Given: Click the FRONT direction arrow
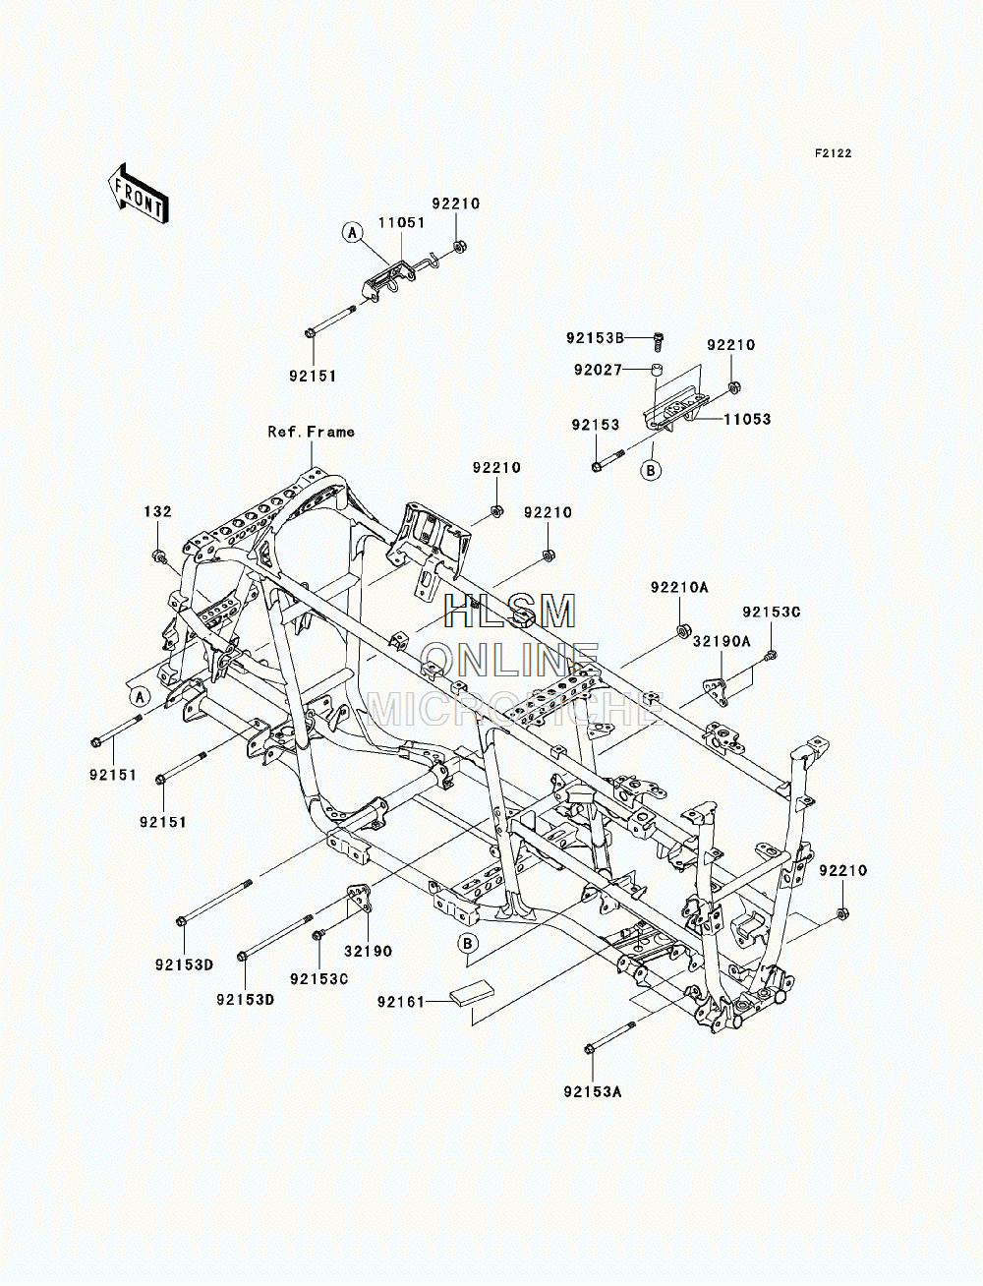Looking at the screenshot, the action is [x=138, y=193].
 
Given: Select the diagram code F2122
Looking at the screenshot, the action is [x=833, y=153].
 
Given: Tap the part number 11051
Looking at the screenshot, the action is [x=401, y=223].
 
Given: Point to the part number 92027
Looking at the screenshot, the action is [x=598, y=371].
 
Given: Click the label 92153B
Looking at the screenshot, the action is [x=595, y=338].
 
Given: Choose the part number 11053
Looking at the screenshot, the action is [x=747, y=420].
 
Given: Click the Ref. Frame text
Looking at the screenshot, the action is [x=311, y=432].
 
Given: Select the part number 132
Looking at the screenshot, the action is [x=158, y=511].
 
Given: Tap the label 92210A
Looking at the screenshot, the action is [x=679, y=587].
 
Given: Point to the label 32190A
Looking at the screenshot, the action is [x=722, y=642].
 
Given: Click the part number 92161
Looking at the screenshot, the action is [x=401, y=1002].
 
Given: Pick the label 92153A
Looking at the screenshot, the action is [x=593, y=1092].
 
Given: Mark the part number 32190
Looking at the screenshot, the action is [x=368, y=951].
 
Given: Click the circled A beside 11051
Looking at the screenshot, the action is [x=352, y=233].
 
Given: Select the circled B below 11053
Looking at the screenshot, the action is [x=651, y=470].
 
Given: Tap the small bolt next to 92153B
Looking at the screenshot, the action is [x=659, y=340].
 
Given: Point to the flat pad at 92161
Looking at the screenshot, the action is [x=472, y=994].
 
